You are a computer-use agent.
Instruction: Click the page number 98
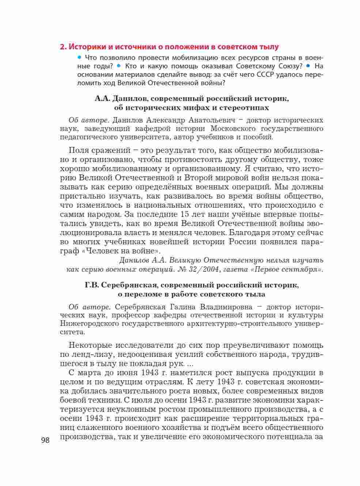[x=45, y=440]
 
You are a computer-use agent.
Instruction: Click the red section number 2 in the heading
[x=62, y=47]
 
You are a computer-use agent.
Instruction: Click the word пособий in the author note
[x=261, y=137]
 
